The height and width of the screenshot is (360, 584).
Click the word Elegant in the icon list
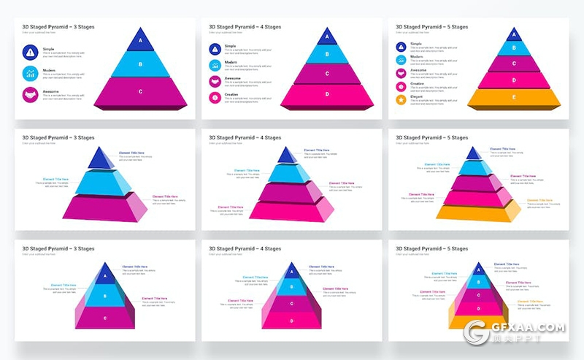(x=417, y=96)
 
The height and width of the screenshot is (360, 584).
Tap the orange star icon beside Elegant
(x=401, y=99)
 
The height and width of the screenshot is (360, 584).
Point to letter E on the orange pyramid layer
(x=514, y=97)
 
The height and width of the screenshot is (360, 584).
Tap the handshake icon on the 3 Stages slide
(x=30, y=94)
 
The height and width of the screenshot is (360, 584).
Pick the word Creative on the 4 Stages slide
(x=231, y=94)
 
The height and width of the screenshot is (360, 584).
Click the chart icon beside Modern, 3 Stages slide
(x=30, y=73)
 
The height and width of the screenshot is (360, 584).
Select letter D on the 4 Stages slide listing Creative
(x=327, y=94)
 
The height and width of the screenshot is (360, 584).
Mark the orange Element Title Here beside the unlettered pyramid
(x=539, y=200)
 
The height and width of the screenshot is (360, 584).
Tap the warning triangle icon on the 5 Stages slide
(x=401, y=46)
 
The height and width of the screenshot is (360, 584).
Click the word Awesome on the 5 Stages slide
(x=418, y=70)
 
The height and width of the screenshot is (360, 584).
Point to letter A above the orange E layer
(x=514, y=34)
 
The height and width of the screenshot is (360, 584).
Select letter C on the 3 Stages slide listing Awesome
(x=140, y=91)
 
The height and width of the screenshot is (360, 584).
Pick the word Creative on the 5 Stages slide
(x=418, y=83)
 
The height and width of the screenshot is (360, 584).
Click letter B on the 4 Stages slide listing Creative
(x=327, y=53)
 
